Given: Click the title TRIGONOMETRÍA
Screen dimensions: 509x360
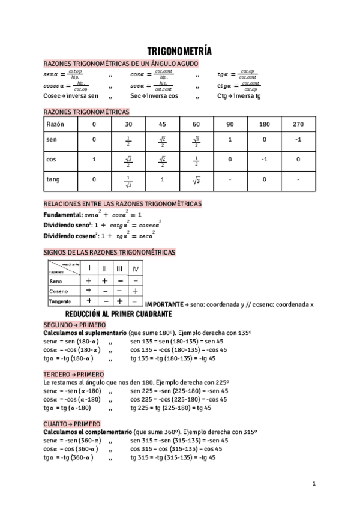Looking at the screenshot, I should (x=179, y=52).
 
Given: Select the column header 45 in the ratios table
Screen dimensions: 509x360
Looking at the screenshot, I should (x=162, y=124).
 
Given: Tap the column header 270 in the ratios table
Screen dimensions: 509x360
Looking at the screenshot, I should (x=299, y=124).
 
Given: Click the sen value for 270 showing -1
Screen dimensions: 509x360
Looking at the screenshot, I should (x=299, y=140).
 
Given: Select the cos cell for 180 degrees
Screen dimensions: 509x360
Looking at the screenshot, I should (x=265, y=160).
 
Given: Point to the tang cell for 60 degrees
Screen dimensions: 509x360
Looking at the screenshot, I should (x=196, y=179).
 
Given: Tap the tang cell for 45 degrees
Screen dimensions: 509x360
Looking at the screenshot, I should (x=162, y=179).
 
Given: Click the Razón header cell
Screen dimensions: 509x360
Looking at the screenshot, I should (x=56, y=124).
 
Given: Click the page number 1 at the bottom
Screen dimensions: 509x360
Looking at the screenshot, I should (x=314, y=483).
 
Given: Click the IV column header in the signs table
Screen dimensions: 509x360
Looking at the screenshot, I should (x=136, y=268).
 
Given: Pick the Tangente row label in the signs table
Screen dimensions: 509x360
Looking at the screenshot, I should (x=60, y=300).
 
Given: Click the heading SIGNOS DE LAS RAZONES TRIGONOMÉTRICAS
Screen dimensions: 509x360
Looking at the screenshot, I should (x=110, y=252).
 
